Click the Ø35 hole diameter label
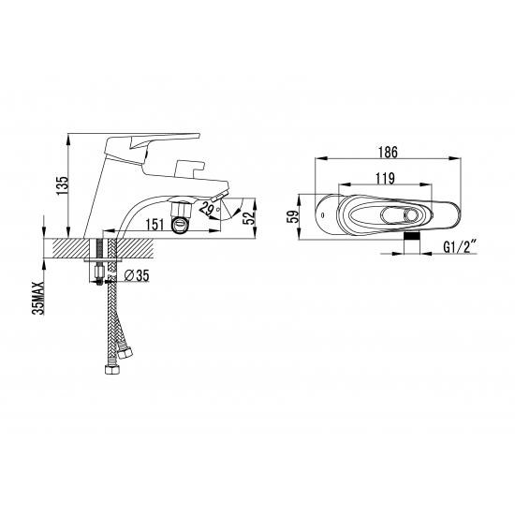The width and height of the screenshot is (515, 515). [136, 275]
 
